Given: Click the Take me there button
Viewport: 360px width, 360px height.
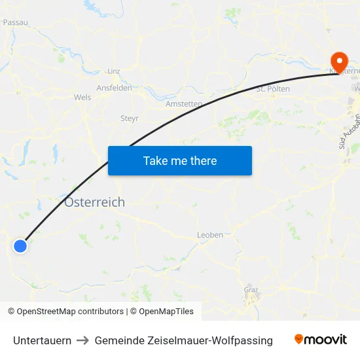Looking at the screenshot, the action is (180, 160).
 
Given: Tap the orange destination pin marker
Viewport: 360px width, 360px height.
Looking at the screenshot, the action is (339, 61).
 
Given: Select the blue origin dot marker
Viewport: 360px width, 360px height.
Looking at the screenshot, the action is (20, 246).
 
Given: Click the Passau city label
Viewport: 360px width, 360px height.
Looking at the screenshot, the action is (15, 22).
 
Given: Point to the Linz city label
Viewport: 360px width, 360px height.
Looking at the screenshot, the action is (114, 71).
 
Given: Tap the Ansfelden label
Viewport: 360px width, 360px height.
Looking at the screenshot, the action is (114, 88).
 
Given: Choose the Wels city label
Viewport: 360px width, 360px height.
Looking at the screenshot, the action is (82, 97).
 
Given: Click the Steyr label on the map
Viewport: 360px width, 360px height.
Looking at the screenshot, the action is (130, 118).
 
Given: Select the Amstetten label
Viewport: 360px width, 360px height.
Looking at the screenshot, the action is (184, 104).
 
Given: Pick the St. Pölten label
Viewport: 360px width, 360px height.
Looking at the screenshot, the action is (273, 89).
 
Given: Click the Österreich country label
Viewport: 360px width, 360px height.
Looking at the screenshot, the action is (94, 202).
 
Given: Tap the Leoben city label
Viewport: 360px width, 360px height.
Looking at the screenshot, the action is (209, 235).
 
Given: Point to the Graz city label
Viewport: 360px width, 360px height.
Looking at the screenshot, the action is (251, 289).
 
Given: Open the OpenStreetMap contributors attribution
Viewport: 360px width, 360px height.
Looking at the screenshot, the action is (65, 312).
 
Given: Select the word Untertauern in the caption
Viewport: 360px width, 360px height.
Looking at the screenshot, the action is (43, 340).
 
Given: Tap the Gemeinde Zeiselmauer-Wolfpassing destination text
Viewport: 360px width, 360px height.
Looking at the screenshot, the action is (183, 340).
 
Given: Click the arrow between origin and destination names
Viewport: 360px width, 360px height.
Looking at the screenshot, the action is (84, 340).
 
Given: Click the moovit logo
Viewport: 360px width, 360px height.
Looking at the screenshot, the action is (321, 339).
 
